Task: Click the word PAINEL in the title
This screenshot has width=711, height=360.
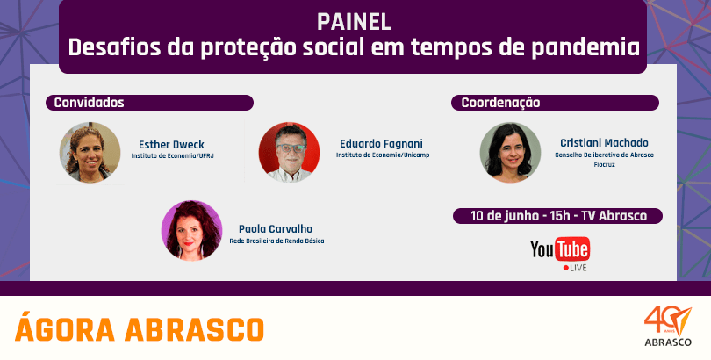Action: tap(354, 22)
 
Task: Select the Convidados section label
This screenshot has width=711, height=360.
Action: tap(89, 103)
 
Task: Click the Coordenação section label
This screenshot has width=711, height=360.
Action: tap(500, 103)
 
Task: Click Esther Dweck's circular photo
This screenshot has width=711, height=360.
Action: tap(90, 153)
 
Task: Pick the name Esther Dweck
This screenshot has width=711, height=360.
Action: tap(171, 145)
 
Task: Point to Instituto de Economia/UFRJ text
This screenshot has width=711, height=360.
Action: tap(172, 156)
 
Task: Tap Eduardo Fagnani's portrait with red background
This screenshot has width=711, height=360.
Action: tap(289, 152)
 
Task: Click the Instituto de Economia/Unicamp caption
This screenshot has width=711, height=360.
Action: tap(382, 155)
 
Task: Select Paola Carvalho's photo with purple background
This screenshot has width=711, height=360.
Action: tap(192, 230)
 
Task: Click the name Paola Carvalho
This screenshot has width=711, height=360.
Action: tap(276, 229)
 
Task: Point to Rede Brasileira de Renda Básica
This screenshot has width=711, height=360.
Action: tap(276, 241)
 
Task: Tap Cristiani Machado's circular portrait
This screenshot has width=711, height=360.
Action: tap(510, 153)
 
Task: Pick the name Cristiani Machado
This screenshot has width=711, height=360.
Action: tap(604, 143)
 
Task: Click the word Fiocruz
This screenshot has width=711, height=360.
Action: tap(604, 164)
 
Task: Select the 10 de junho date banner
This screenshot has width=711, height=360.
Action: tap(557, 216)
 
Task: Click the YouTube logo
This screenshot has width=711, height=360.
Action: tap(560, 254)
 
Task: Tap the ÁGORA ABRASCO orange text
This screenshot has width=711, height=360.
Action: tap(140, 328)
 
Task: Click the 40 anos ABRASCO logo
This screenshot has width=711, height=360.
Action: tap(668, 327)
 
